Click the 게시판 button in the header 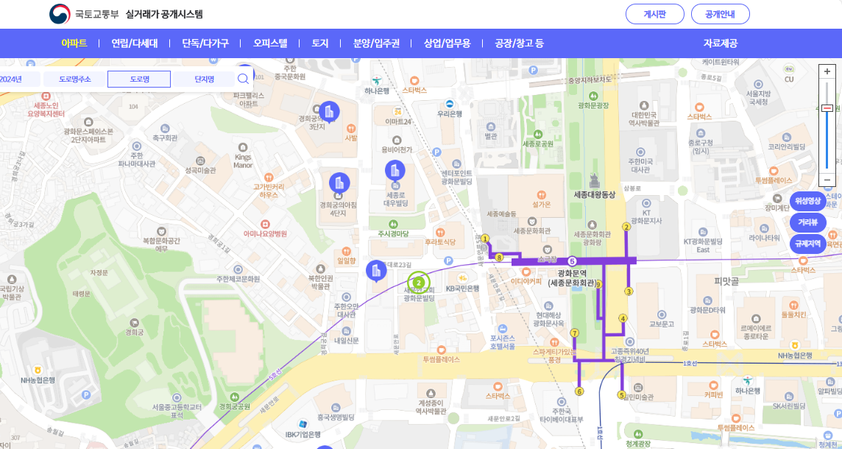click(654, 14)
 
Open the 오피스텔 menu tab click(270, 43)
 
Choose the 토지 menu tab click(320, 43)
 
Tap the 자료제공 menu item click(720, 43)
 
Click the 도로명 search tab click(139, 79)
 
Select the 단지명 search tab click(204, 79)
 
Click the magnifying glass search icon click(243, 79)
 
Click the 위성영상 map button click(807, 201)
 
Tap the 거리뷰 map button click(807, 222)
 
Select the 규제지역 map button click(807, 244)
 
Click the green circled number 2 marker click(418, 283)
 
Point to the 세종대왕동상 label click(594, 195)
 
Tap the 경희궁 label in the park click(135, 332)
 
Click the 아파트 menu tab click(74, 43)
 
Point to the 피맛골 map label click(726, 281)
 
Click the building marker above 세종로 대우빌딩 click(395, 172)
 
